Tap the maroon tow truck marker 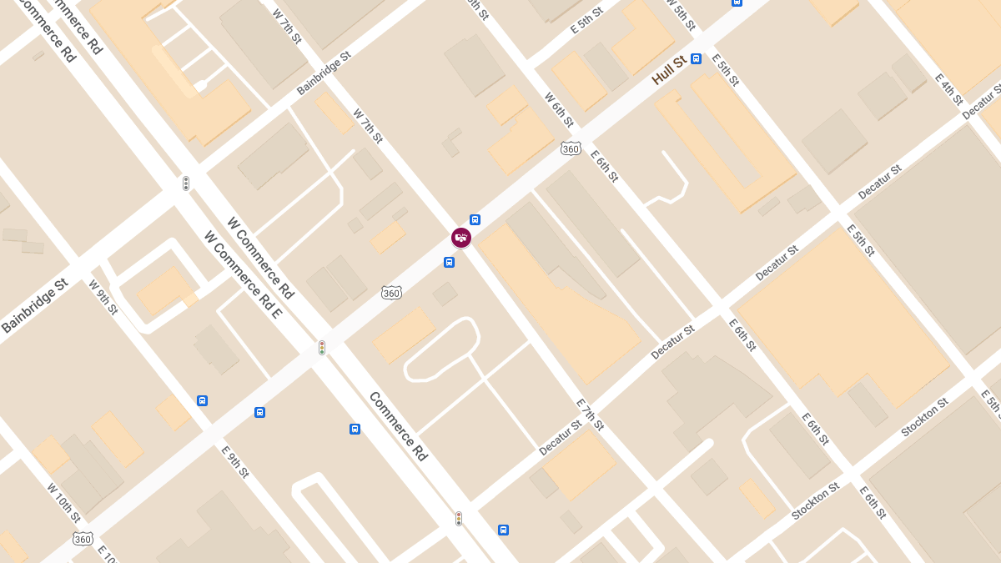(461, 238)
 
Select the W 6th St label (559, 109)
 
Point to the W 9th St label (103, 297)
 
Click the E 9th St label (235, 461)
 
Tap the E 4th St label (948, 89)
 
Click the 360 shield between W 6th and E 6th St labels (571, 148)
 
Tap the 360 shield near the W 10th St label (83, 539)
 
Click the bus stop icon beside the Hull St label (696, 59)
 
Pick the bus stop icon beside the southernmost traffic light (503, 530)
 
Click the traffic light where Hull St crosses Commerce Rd (322, 347)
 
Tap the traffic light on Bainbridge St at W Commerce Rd (186, 183)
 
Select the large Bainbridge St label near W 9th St (34, 306)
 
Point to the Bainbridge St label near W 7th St (324, 73)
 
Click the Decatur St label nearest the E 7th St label (561, 438)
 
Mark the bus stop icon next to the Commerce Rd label (355, 429)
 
